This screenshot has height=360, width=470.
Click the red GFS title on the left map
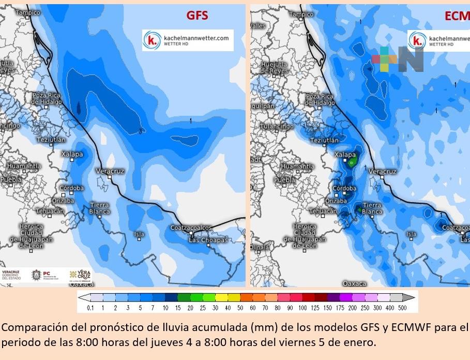click(197, 16)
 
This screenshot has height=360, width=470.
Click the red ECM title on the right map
click(457, 16)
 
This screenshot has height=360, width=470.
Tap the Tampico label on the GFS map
click(28, 11)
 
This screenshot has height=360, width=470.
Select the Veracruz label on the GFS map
click(110, 171)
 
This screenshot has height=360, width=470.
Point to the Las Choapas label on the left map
click(208, 241)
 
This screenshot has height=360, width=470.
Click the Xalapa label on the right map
click(345, 155)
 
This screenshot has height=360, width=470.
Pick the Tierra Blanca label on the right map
click(372, 208)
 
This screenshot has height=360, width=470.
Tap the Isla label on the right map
click(411, 234)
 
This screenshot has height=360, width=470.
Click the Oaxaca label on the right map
click(354, 283)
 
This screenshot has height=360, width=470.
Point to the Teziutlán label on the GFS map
click(51, 140)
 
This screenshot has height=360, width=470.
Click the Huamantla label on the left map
click(24, 166)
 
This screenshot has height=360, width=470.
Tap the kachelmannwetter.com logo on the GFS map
click(188, 40)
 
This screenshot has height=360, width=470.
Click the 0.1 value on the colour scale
click(90, 308)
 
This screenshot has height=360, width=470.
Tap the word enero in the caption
click(358, 342)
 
